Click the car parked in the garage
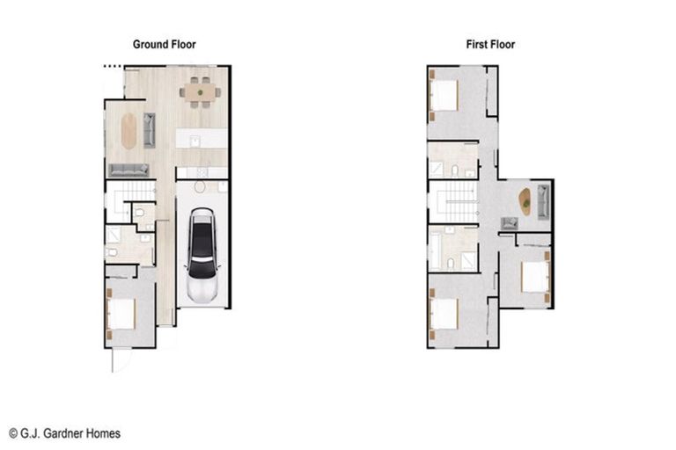coord(202,255)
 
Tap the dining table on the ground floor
coord(200,91)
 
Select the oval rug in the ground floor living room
coord(129,131)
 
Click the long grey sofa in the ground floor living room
coord(129,170)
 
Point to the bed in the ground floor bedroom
coord(121,315)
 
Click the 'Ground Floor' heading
coord(165,44)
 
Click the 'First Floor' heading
coord(490,44)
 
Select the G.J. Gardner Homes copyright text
coord(64,433)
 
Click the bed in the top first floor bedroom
coord(444,95)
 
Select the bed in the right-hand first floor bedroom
coord(535,276)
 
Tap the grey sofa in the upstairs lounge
coord(542,203)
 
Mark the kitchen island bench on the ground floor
coord(201,139)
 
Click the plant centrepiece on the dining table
coord(200,91)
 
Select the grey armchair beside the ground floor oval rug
coord(149,130)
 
